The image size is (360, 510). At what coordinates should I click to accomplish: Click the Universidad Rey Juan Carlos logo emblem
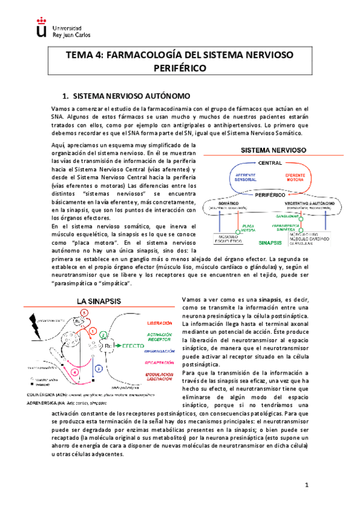point(41,28)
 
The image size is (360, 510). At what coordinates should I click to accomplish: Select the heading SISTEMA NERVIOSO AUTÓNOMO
point(131,96)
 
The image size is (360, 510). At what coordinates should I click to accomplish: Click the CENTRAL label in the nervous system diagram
point(270,164)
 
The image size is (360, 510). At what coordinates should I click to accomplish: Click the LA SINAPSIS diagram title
point(99,300)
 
